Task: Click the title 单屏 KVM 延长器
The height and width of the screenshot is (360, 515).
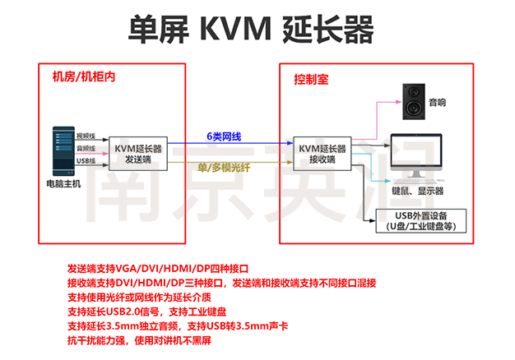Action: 252,30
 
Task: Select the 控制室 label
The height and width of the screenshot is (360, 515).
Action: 311,80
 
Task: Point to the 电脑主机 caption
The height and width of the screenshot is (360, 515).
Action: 63,184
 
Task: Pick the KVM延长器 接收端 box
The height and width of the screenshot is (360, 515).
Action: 322,153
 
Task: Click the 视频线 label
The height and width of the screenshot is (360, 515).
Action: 86,135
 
